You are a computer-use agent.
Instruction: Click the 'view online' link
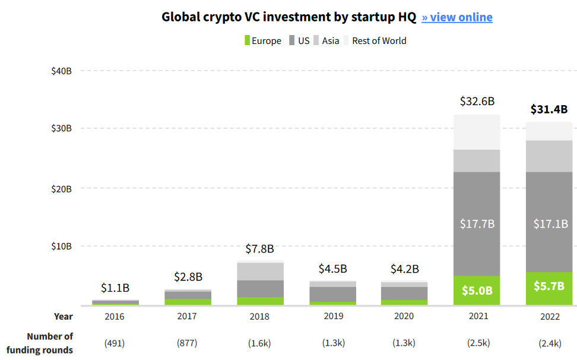pyautogui.click(x=457, y=17)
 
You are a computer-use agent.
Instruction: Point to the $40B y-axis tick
pyautogui.click(x=62, y=71)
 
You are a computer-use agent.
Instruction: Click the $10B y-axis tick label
pyautogui.click(x=62, y=246)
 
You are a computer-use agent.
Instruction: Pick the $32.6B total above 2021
pyautogui.click(x=477, y=101)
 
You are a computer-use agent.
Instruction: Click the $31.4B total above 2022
pyautogui.click(x=549, y=109)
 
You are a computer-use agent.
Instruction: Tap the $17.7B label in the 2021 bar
pyautogui.click(x=477, y=224)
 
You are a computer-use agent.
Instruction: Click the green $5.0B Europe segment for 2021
pyautogui.click(x=477, y=291)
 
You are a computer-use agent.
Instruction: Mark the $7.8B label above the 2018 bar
pyautogui.click(x=259, y=249)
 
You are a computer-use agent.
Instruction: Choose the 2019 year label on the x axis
pyautogui.click(x=334, y=316)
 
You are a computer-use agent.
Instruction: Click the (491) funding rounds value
pyautogui.click(x=115, y=343)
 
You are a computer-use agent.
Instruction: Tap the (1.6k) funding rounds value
pyautogui.click(x=259, y=343)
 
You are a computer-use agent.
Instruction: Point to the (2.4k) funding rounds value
pyautogui.click(x=549, y=343)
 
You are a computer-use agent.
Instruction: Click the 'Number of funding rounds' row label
pyautogui.click(x=50, y=343)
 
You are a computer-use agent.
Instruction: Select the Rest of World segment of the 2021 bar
pyautogui.click(x=477, y=132)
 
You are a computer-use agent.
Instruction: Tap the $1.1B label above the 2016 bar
pyautogui.click(x=115, y=288)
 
